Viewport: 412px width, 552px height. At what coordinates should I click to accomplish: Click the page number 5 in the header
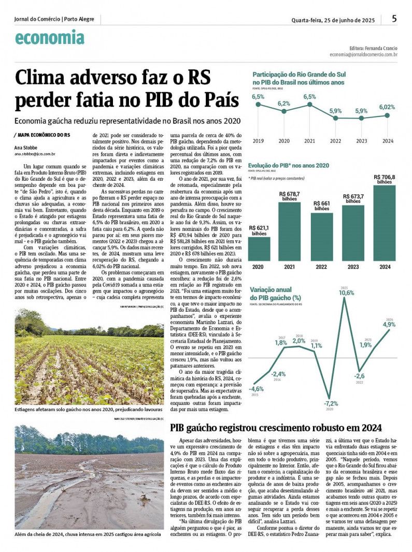394,19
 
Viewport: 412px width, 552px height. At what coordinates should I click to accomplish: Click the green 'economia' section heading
49,38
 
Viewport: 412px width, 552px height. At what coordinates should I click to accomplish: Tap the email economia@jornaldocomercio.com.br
363,54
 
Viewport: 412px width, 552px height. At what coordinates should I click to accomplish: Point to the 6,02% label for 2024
387,107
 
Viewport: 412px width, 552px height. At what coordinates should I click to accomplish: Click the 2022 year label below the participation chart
335,140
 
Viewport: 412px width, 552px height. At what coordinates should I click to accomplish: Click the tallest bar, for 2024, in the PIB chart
384,223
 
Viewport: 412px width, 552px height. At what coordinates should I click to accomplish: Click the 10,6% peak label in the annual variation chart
347,293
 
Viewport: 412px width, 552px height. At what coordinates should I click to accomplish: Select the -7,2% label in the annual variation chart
331,403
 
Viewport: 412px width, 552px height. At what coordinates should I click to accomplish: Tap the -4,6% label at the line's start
256,388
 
